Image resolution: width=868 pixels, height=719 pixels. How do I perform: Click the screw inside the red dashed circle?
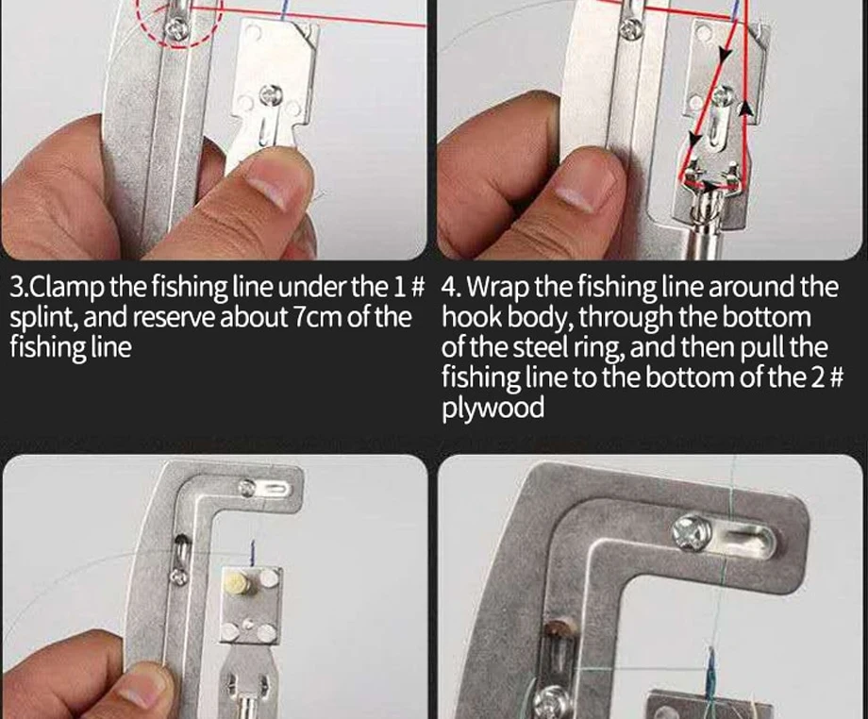177,27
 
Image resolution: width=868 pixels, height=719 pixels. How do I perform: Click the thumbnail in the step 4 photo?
584,191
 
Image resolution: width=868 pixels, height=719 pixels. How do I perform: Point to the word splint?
43,318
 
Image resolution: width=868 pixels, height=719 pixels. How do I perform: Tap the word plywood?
492,408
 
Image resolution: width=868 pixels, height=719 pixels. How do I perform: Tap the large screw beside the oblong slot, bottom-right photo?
691,533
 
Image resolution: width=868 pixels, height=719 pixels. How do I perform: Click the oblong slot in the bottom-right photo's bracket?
744,538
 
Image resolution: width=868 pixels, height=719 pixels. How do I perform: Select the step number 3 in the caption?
17,288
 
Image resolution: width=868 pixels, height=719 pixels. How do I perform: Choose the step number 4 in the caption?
449,288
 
